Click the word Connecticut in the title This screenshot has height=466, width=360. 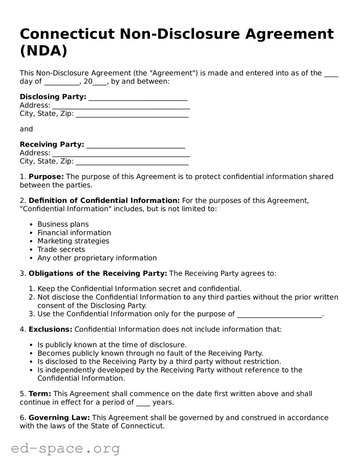pos(67,34)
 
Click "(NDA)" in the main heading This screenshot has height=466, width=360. pos(44,51)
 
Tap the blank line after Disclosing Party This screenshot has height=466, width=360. pos(138,97)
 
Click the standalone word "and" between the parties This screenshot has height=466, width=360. pos(26,129)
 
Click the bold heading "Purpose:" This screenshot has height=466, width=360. pos(46,177)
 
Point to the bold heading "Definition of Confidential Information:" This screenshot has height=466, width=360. pos(104,201)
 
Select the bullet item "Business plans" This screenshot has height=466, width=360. pos(63,225)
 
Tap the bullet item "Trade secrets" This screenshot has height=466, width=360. pos(61,250)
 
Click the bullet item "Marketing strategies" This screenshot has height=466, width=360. pos(73,241)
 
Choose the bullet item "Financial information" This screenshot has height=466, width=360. pos(74,233)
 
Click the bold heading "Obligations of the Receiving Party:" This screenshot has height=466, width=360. pos(98,274)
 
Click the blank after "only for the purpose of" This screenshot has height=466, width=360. pos(280,315)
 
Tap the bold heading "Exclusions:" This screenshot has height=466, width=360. pos(50,330)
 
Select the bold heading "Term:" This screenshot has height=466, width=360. pos(40,394)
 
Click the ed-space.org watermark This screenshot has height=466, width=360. pos(66,448)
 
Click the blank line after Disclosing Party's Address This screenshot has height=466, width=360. pos(121,106)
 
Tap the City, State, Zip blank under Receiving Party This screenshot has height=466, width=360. pos(132,162)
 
